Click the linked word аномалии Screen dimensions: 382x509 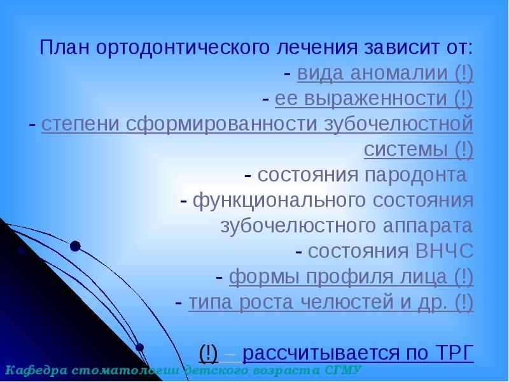click(384, 74)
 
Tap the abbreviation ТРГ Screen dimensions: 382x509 click(453, 352)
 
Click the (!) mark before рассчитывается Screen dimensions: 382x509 click(209, 352)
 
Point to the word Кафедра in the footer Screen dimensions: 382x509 click(31, 370)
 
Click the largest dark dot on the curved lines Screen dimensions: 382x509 click(75, 246)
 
